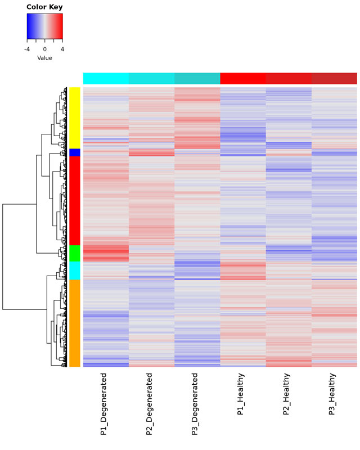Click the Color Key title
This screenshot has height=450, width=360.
(x=45, y=7)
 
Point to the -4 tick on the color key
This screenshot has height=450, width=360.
(x=27, y=49)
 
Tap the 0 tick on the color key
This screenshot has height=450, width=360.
(x=45, y=49)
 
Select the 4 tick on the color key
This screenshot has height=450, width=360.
(x=62, y=49)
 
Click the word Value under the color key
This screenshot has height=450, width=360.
(x=45, y=58)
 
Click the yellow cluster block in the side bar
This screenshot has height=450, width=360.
(x=75, y=118)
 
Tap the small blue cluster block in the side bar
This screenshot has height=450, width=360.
(x=75, y=152)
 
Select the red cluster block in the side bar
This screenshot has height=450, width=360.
(x=75, y=200)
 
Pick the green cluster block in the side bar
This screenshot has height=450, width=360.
(x=75, y=253)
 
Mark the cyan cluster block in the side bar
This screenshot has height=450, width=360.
(x=75, y=271)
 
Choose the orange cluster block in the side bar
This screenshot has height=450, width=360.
(x=75, y=323)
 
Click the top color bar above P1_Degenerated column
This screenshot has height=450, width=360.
(x=106, y=78)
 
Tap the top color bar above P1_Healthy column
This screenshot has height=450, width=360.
(x=242, y=78)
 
